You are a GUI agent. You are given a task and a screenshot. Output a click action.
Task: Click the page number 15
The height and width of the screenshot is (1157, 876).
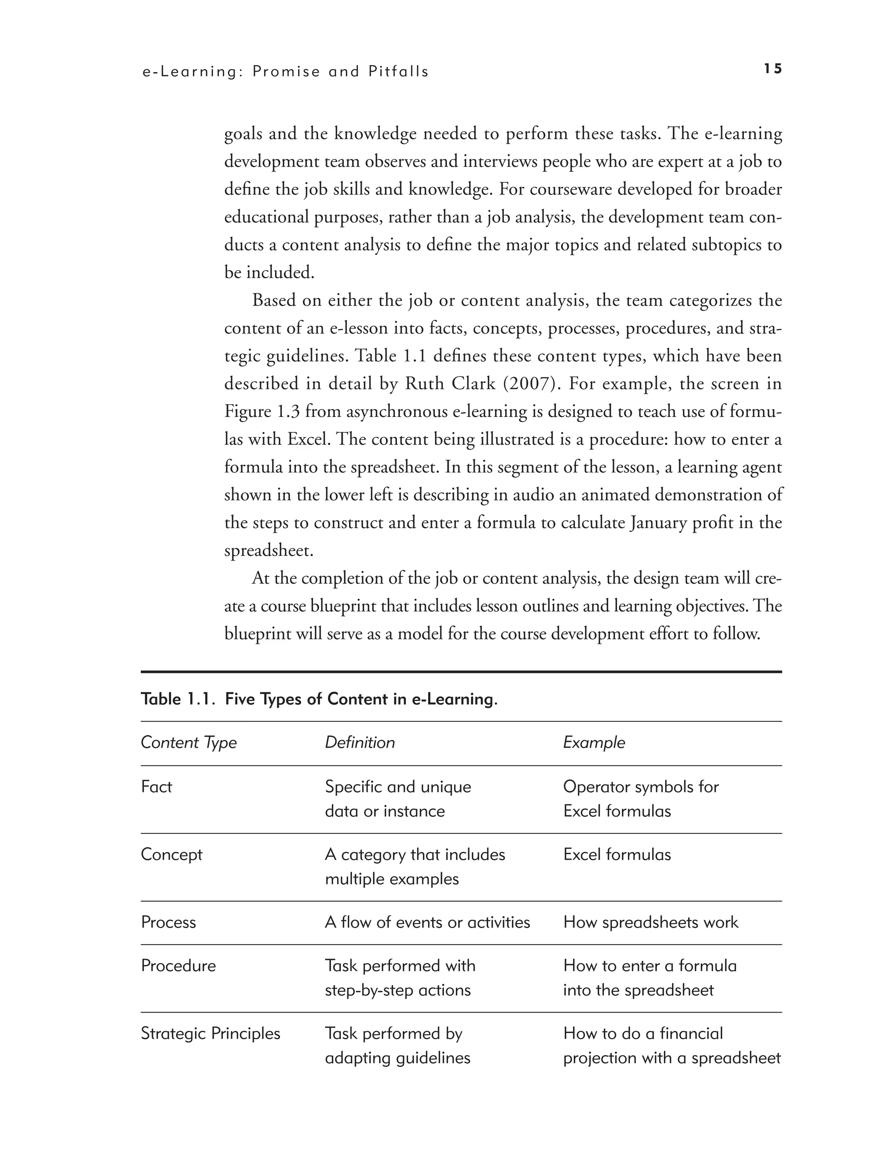click(x=772, y=69)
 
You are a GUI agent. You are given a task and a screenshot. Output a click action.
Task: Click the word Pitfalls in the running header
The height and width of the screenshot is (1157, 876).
click(x=398, y=72)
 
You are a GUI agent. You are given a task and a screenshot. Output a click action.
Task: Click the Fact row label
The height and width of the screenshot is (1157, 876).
click(x=156, y=787)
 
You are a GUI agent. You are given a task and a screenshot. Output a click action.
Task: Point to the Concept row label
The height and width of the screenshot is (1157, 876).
click(x=171, y=854)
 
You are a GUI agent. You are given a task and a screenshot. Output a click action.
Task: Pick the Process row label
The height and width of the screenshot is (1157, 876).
click(x=168, y=922)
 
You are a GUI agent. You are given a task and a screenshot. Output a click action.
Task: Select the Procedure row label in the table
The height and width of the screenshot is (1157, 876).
click(x=178, y=965)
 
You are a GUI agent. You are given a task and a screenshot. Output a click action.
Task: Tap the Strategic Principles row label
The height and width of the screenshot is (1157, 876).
click(x=210, y=1033)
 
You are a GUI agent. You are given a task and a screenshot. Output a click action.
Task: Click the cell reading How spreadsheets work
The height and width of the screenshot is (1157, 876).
click(x=651, y=922)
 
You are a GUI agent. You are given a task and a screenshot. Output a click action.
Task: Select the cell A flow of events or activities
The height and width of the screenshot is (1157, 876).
click(x=427, y=922)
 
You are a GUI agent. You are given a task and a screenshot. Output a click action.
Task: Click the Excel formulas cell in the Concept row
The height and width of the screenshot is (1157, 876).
click(x=616, y=854)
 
